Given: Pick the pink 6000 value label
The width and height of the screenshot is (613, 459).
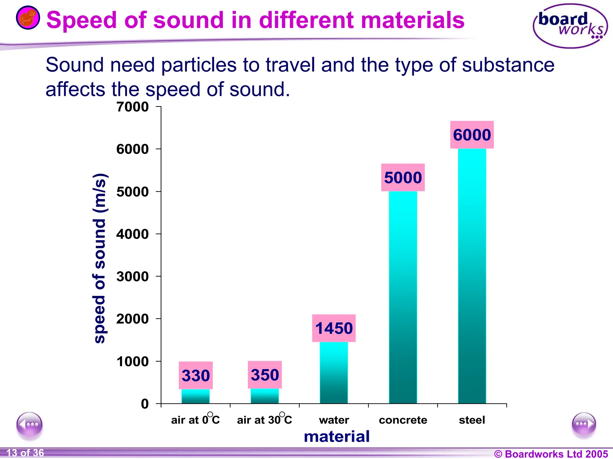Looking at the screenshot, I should [x=472, y=135].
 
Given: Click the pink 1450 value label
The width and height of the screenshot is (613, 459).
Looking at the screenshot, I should [x=334, y=328].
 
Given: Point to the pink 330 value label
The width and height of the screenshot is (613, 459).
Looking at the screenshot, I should [x=196, y=375].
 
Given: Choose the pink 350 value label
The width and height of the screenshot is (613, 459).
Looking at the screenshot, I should [x=265, y=375].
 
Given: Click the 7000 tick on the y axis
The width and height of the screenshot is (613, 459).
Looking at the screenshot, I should [x=133, y=107].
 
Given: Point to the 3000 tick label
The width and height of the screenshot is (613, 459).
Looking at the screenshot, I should [x=133, y=277].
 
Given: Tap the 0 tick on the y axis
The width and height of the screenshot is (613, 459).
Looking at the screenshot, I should [x=145, y=404].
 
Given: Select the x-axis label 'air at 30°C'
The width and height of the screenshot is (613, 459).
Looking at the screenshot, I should [x=265, y=420].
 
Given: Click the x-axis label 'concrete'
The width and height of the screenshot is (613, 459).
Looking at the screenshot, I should [x=403, y=420].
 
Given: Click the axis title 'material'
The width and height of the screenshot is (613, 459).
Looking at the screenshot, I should [x=337, y=436].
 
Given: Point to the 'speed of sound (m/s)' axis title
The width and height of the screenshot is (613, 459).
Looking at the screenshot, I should [x=100, y=258].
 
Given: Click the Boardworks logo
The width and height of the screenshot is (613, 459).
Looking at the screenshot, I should [x=570, y=26].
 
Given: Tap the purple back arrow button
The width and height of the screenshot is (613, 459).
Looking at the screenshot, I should [x=29, y=425].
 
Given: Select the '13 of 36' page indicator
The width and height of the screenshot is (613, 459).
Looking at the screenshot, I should [x=25, y=453].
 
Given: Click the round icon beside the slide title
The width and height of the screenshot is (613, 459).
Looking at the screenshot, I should [x=28, y=18].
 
